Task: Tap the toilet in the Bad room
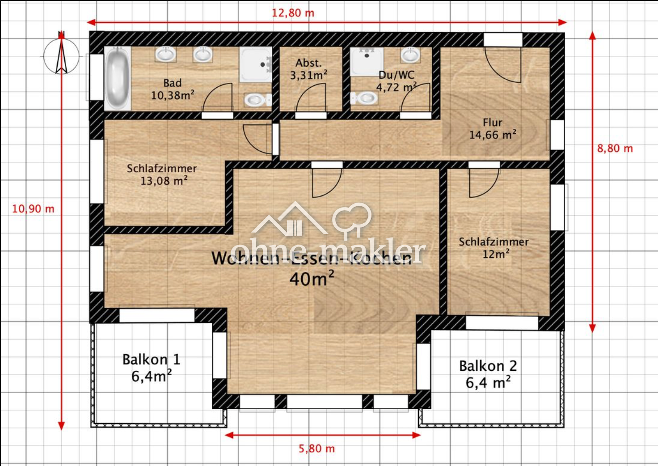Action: point(256,100)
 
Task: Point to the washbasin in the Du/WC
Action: point(410,55)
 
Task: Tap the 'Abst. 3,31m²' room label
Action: point(308,69)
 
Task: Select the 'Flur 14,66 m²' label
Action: point(492,129)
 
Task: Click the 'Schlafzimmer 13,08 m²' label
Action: point(162,174)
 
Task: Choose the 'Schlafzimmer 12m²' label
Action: point(494,248)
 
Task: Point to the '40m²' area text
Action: point(312,279)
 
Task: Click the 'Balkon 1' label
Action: point(151,360)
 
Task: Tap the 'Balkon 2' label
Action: point(488,366)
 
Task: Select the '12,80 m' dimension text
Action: point(293,13)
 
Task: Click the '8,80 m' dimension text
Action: point(615,148)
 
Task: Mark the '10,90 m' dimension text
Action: point(33,208)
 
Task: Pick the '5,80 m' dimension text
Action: point(316,449)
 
